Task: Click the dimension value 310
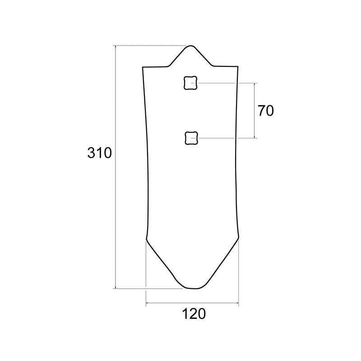(x=99, y=153)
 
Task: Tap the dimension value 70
(x=266, y=111)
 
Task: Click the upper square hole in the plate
(x=190, y=83)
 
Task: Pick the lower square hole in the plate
(x=191, y=138)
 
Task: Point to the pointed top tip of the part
(x=191, y=46)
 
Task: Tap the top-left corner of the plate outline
(x=143, y=67)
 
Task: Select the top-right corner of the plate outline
(x=238, y=67)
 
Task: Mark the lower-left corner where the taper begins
(x=146, y=237)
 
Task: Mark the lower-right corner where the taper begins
(x=238, y=237)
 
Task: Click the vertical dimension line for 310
(x=116, y=203)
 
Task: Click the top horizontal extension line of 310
(x=149, y=46)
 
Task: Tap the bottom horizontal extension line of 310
(x=149, y=288)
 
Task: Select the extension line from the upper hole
(x=226, y=83)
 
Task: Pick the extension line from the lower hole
(x=226, y=138)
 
